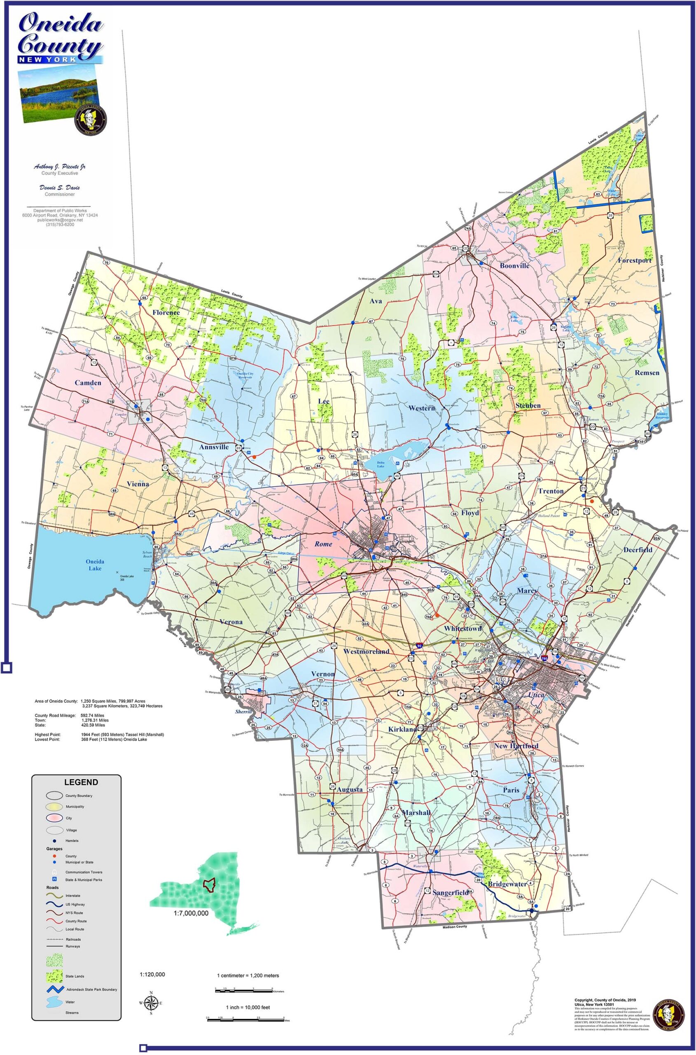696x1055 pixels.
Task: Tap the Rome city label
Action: pos(323,544)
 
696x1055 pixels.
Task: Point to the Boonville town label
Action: pos(514,266)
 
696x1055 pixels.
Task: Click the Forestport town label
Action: pos(634,260)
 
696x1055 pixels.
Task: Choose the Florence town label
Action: pos(166,312)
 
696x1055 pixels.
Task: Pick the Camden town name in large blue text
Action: pos(88,382)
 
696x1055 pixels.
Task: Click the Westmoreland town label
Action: pos(366,651)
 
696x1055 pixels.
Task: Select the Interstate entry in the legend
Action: pos(73,896)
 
